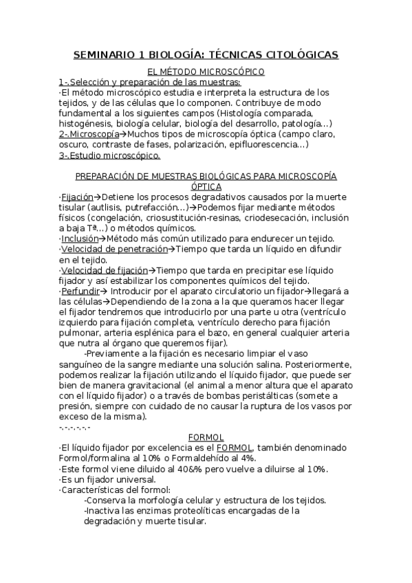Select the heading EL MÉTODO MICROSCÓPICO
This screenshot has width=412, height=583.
click(x=206, y=71)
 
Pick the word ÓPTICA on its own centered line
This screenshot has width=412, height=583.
click(x=206, y=186)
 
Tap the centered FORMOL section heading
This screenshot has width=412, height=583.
click(x=206, y=437)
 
